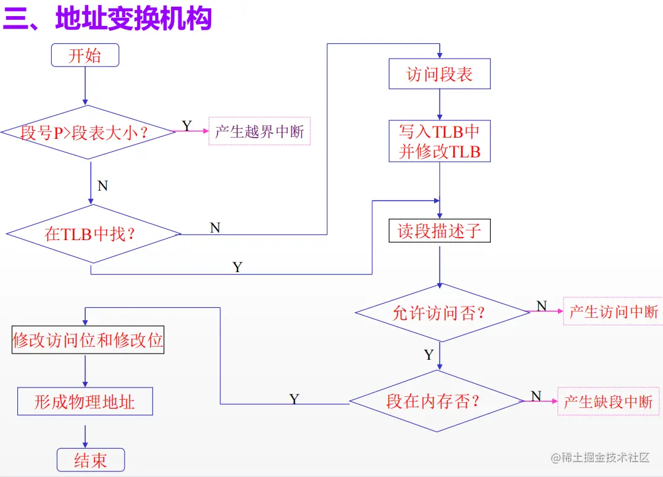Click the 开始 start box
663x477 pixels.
point(85,56)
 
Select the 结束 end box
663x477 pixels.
point(91,460)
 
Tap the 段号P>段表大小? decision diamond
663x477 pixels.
point(89,132)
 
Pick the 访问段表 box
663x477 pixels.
point(439,74)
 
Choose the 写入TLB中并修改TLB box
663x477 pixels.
point(439,141)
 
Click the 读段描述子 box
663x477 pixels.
point(439,231)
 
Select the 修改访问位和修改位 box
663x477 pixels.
point(88,339)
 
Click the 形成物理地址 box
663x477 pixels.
point(85,402)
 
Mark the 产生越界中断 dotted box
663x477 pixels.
point(259,131)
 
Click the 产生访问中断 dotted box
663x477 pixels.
point(613,312)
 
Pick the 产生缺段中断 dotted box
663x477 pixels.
point(608,402)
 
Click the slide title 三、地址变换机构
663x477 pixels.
point(107,19)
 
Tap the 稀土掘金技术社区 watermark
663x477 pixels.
point(601,457)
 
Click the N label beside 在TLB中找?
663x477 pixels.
point(215,228)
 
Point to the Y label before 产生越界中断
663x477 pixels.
point(186,127)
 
